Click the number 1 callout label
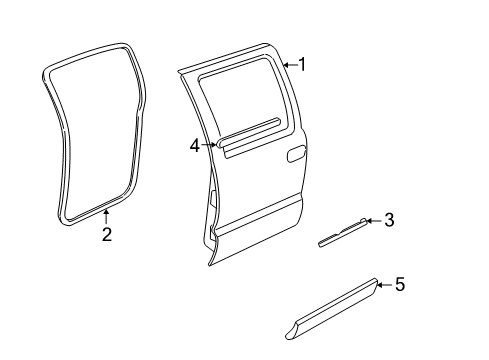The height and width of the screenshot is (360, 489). [x=302, y=65]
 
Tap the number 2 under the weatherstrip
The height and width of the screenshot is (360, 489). [x=106, y=235]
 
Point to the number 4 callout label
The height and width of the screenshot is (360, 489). [x=195, y=145]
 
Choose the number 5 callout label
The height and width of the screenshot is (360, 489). [x=399, y=285]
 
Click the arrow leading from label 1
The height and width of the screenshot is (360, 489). [x=288, y=65]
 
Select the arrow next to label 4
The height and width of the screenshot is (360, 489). [x=210, y=145]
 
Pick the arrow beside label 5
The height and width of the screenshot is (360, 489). [x=383, y=285]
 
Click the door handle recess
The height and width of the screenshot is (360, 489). [x=296, y=155]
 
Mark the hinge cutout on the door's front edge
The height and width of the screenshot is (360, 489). [x=213, y=200]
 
